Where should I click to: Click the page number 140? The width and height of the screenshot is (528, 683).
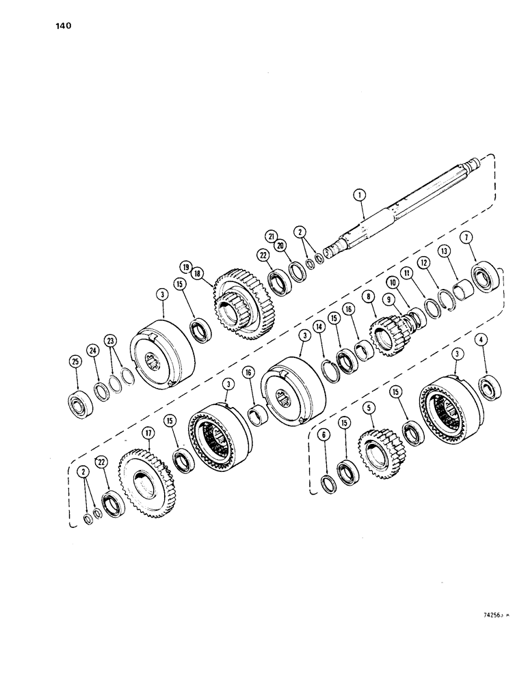[60, 27]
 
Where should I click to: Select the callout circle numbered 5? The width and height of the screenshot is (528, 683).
[370, 409]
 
